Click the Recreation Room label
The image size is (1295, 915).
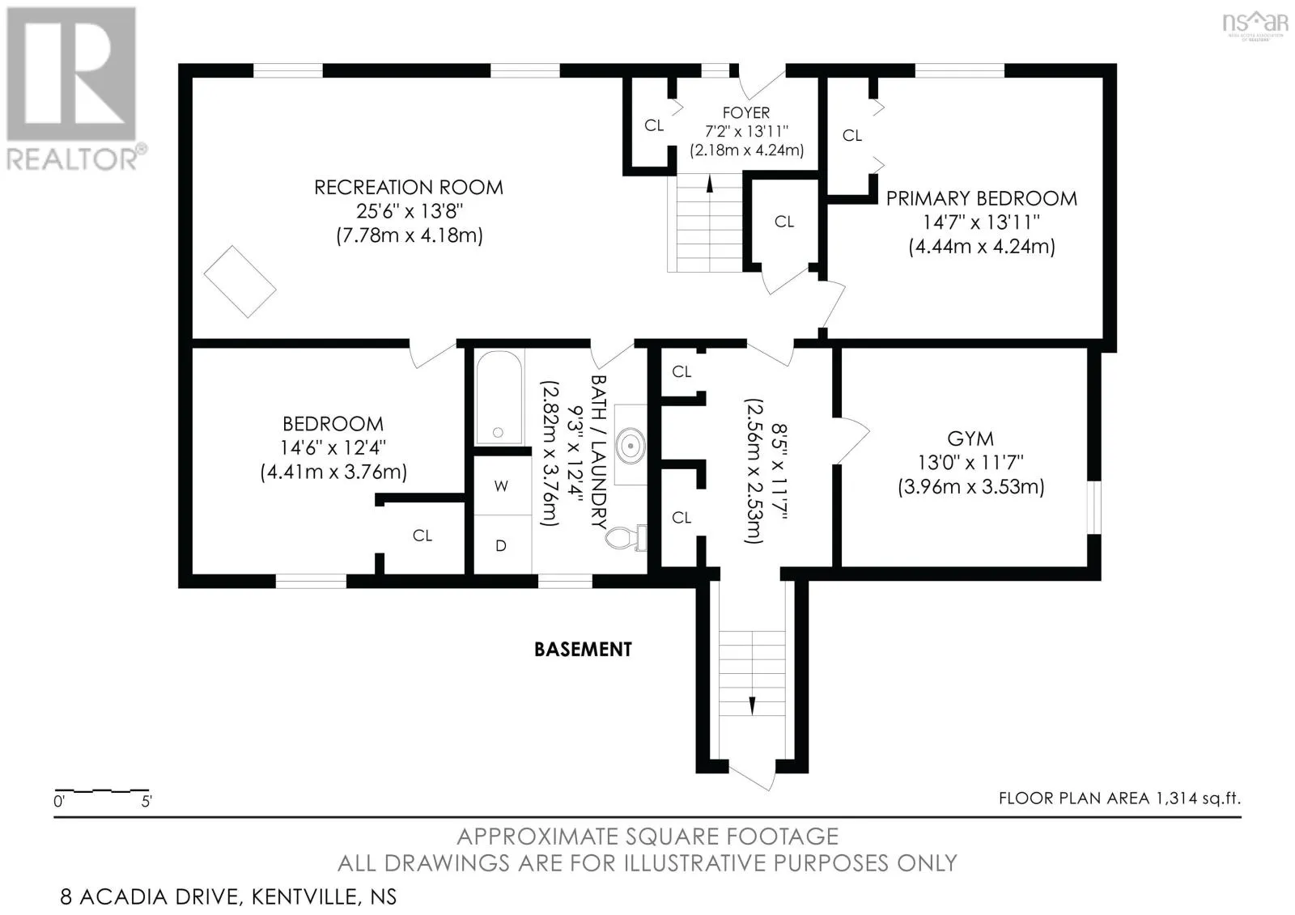(409, 187)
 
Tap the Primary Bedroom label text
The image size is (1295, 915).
(982, 198)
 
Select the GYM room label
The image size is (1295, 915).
(970, 438)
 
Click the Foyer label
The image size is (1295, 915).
(745, 112)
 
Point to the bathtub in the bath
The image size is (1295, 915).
(499, 398)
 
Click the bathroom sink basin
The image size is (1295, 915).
(631, 446)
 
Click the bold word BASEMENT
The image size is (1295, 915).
(583, 650)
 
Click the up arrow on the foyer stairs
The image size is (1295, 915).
(709, 183)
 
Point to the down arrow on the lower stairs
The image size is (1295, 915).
(752, 705)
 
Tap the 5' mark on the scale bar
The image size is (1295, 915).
(146, 802)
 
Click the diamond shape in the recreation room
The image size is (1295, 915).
(240, 282)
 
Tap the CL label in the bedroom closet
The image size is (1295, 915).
(422, 536)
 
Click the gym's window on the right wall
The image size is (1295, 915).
(1093, 507)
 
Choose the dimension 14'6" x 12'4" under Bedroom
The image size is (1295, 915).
(333, 448)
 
